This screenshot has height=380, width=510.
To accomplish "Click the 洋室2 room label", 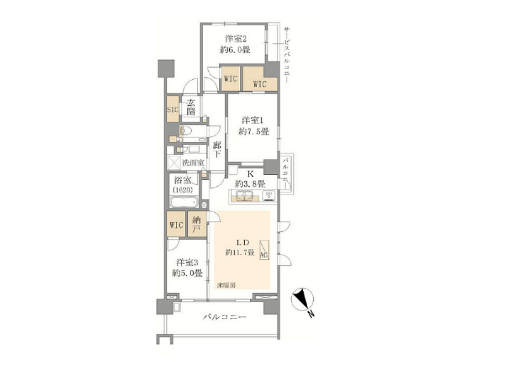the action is click(236, 39).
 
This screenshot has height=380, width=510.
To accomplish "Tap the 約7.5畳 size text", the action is click(253, 132).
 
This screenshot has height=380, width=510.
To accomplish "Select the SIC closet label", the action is click(173, 110).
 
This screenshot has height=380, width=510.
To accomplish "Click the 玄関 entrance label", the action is click(191, 108).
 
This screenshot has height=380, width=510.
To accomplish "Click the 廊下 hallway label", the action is click(217, 149).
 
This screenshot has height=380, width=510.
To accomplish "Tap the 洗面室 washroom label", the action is click(193, 162).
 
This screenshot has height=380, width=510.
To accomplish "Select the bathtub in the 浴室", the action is click(184, 202).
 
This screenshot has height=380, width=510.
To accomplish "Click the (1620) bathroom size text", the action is click(182, 190).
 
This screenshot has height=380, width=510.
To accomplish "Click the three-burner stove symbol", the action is click(270, 196).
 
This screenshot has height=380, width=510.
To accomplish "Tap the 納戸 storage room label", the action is click(196, 225).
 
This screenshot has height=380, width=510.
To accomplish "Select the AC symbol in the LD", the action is click(264, 250).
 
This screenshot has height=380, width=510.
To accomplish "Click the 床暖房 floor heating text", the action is click(227, 286).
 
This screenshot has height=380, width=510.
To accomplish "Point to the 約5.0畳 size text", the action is click(187, 273).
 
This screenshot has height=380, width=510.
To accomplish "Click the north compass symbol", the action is click(302, 299).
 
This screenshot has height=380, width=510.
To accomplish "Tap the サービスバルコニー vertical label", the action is click(287, 54).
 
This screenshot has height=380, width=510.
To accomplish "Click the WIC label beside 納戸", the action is click(177, 225).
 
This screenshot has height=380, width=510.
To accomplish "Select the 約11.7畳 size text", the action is click(240, 252).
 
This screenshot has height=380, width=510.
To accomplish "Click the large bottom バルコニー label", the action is click(225, 317).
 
